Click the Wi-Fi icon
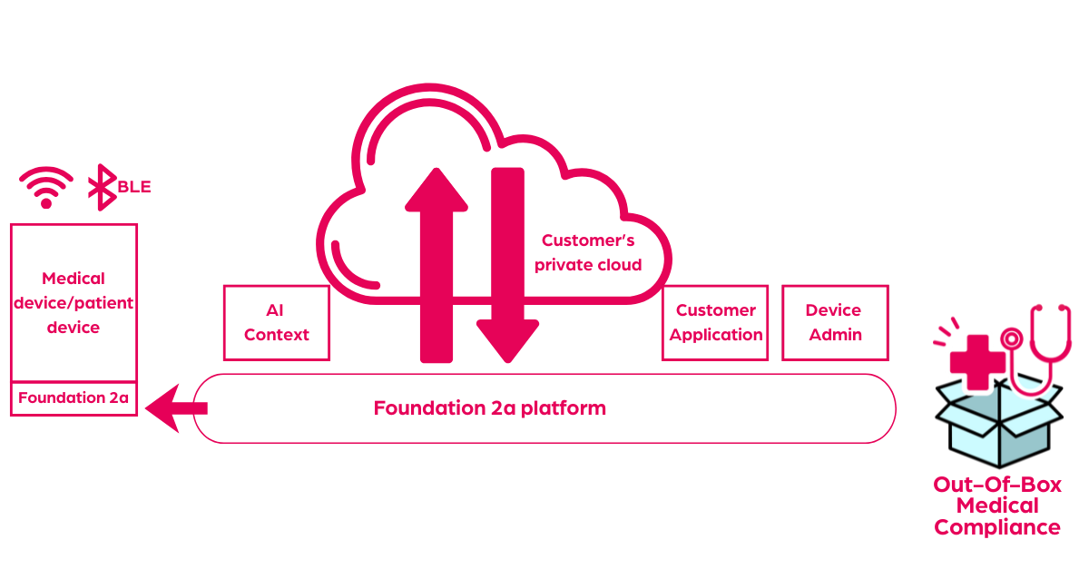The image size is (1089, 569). (46, 187)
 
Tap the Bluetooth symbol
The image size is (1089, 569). (101, 187)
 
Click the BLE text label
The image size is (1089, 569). (133, 187)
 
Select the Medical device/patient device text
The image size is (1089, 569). (74, 302)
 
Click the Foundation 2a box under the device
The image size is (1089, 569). (74, 397)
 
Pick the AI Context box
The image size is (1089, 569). (277, 322)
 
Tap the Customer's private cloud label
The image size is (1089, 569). (588, 252)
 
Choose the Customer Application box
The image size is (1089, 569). (716, 322)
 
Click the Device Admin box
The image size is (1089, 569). (835, 322)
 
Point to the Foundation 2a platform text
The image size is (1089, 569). (490, 407)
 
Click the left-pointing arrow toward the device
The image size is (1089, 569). (176, 407)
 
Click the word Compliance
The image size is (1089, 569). (997, 527)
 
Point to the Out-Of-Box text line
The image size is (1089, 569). (997, 484)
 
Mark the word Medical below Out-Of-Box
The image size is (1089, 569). (997, 505)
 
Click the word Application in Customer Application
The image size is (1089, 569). (716, 334)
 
